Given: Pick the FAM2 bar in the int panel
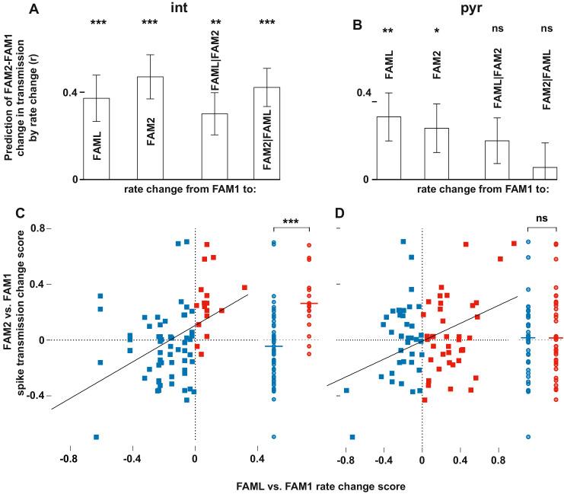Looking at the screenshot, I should click(x=149, y=129).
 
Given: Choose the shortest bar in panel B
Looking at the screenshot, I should click(x=545, y=174).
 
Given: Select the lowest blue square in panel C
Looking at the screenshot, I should click(x=97, y=437).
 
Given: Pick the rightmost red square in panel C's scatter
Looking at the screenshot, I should click(x=244, y=288).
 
